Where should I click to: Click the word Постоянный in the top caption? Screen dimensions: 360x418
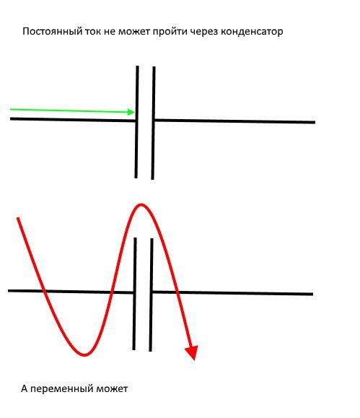(52, 32)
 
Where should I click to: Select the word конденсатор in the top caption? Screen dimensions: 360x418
(252, 32)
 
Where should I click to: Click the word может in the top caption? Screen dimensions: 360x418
(134, 32)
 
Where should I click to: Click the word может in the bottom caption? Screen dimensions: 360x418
(112, 389)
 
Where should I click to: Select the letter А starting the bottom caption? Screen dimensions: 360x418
(25, 388)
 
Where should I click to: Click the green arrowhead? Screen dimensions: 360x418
(131, 112)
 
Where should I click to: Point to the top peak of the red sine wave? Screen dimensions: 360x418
(141, 205)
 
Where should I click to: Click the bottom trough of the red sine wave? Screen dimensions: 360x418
(84, 354)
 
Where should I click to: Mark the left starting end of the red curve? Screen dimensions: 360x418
(18, 219)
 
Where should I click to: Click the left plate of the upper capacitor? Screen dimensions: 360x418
(136, 122)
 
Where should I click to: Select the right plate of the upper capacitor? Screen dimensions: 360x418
(153, 123)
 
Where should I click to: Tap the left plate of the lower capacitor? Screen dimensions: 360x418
(134, 294)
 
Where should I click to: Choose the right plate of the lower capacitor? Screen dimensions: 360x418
(151, 295)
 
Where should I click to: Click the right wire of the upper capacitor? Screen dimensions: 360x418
(235, 121)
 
